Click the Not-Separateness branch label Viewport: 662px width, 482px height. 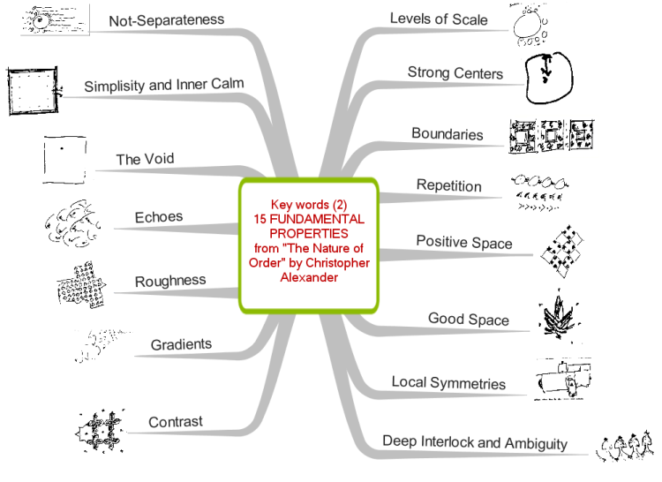tap(166, 20)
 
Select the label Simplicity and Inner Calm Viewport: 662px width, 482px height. tap(164, 86)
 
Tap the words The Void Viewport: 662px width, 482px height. tap(145, 159)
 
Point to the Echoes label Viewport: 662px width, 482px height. tap(159, 217)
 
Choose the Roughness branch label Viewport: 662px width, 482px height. tap(170, 281)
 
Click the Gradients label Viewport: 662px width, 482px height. tap(181, 344)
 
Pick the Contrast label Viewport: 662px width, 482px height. tap(176, 422)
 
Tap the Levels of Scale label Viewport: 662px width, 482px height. tap(439, 19)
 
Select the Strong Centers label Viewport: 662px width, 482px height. tap(455, 73)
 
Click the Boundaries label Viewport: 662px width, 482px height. tap(448, 134)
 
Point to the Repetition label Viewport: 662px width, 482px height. tap(448, 185)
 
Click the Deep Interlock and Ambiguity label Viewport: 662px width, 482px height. tap(475, 442)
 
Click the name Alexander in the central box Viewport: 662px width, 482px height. tap(309, 277)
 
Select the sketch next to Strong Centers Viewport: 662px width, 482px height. tap(549, 78)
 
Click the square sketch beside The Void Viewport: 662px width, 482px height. tap(64, 160)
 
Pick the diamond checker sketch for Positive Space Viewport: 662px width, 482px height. tap(562, 252)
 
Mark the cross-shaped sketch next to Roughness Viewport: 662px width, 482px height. tap(81, 284)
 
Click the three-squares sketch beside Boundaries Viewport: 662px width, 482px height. tap(552, 136)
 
